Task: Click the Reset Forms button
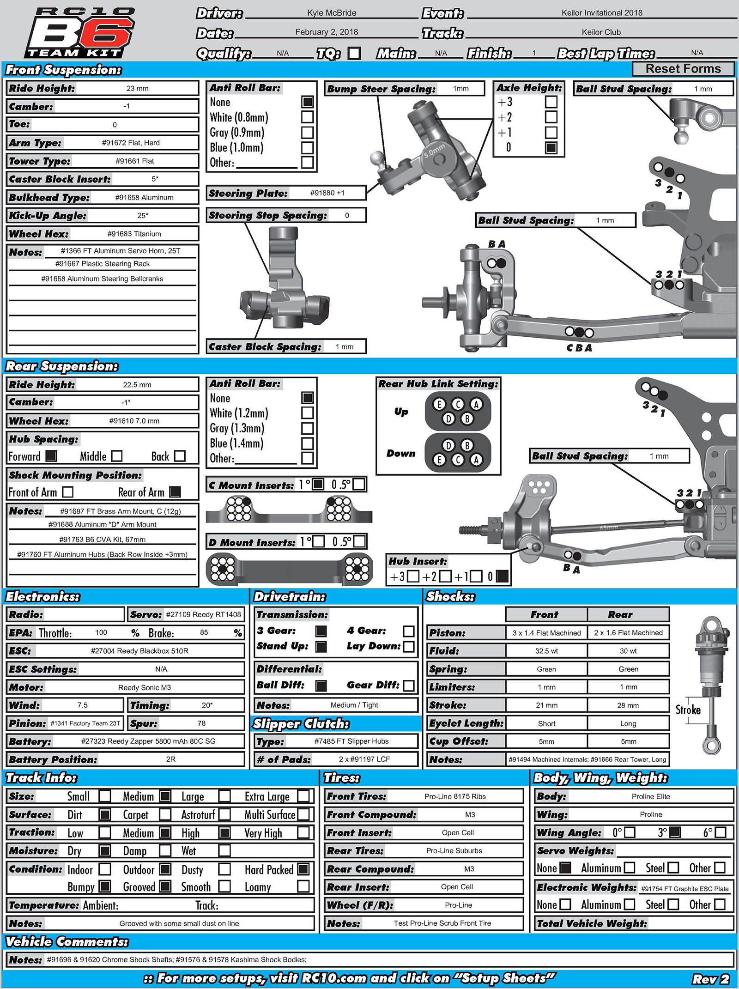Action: [x=683, y=69]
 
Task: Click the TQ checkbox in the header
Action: [x=354, y=54]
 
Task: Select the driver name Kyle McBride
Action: [x=332, y=13]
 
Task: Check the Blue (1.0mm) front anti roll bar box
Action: [x=307, y=148]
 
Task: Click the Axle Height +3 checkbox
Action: [x=551, y=102]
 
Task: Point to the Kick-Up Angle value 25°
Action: [x=143, y=215]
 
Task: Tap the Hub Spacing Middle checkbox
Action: [x=117, y=456]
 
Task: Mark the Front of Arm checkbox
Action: [x=67, y=492]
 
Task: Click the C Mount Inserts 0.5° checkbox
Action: [x=359, y=484]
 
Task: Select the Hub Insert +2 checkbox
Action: [x=445, y=576]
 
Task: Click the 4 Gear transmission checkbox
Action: [x=408, y=631]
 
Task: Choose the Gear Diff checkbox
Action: [x=408, y=686]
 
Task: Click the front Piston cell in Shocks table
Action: [x=546, y=633]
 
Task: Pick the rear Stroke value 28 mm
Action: [x=628, y=705]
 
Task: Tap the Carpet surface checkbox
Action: [x=165, y=814]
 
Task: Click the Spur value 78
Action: [x=201, y=723]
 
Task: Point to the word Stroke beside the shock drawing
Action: [x=688, y=710]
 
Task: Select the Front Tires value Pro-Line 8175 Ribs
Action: [x=455, y=796]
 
